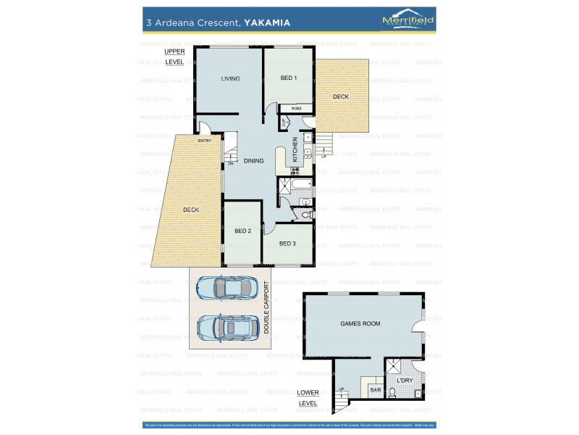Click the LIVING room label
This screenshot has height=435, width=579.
[230, 78]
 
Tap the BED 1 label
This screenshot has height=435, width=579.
[288, 78]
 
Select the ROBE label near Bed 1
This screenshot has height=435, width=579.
[296, 108]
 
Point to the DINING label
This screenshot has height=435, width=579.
[253, 161]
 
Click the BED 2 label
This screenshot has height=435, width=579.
[242, 231]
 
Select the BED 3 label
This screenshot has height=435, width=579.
[287, 244]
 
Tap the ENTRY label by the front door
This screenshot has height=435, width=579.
[205, 140]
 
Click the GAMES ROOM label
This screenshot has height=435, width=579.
[360, 323]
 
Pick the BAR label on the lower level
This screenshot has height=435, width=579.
[375, 389]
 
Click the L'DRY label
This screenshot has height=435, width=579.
[405, 380]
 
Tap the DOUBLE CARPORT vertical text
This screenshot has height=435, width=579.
[266, 307]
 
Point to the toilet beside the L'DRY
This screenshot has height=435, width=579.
[392, 394]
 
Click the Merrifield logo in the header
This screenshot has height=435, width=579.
[407, 21]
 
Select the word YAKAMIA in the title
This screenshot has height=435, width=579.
[266, 22]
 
